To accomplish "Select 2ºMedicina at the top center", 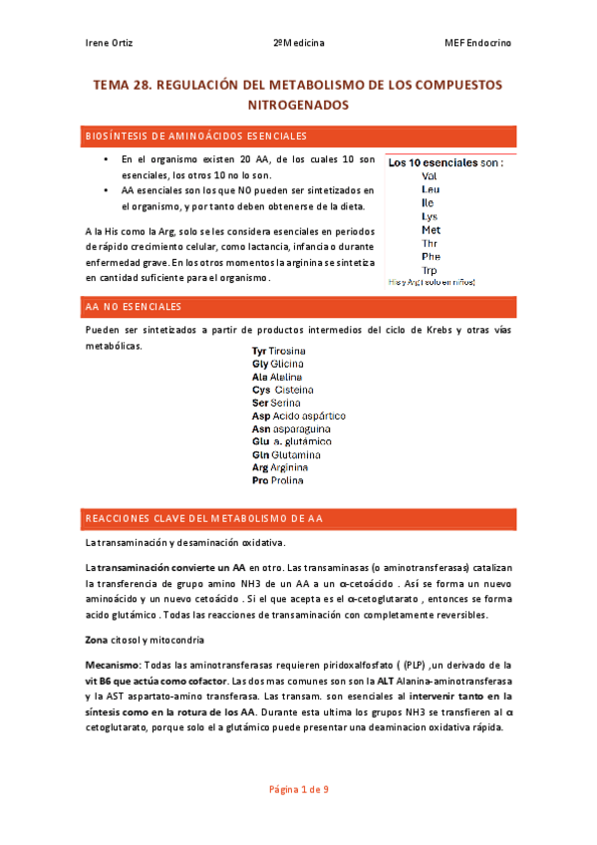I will coord(298,43).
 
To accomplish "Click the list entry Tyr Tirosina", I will coord(278,352).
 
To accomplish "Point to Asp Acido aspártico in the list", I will coord(298,416).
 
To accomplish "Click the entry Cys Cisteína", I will coord(283,390).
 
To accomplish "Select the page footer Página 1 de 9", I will coord(299,789).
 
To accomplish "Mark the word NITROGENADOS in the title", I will coord(298,104).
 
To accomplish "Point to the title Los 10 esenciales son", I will coord(445,161).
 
